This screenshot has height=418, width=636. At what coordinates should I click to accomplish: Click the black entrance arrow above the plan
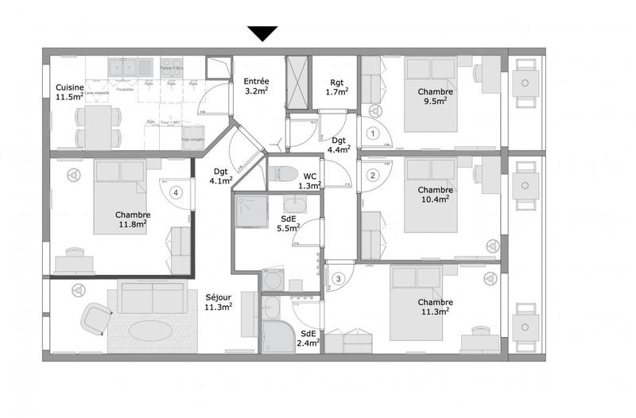(262, 33)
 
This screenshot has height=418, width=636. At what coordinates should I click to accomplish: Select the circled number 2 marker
(372, 176)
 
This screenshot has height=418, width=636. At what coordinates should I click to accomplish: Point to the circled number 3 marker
(339, 278)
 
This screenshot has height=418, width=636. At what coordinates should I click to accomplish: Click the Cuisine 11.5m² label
(70, 92)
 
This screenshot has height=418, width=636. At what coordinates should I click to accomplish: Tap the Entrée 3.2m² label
(256, 85)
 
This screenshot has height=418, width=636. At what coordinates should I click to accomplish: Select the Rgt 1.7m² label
(337, 87)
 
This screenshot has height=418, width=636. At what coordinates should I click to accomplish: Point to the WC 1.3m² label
(310, 180)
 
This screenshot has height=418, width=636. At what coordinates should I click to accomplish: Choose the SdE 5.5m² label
(288, 223)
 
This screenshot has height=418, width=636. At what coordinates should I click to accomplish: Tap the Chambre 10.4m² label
(435, 194)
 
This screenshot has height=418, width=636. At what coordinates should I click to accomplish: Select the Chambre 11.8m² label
(133, 219)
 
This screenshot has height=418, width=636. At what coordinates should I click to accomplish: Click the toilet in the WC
(285, 173)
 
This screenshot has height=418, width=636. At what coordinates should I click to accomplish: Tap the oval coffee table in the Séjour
(149, 329)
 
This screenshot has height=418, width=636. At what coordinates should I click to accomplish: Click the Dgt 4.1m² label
(221, 176)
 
